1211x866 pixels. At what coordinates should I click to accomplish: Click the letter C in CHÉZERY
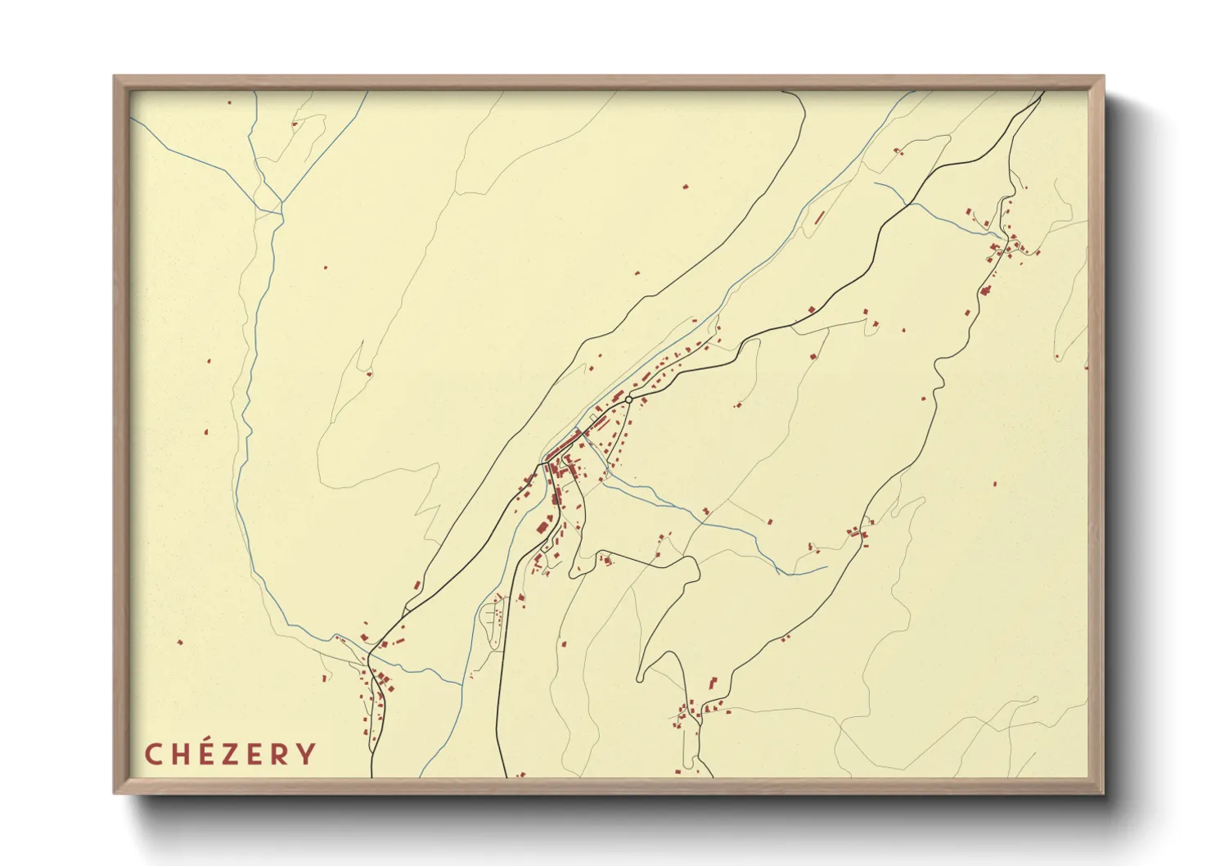tap(153, 754)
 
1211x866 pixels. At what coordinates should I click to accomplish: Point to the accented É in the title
tap(206, 754)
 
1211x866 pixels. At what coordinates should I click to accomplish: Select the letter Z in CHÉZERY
tap(232, 754)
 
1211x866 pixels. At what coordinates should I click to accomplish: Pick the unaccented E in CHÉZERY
tap(256, 754)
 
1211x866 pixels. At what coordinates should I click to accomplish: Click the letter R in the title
tap(281, 754)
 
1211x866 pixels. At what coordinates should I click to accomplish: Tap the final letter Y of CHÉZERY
tap(306, 754)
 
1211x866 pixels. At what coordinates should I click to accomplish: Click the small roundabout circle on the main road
tap(628, 399)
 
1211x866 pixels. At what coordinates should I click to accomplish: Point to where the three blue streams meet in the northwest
tap(281, 202)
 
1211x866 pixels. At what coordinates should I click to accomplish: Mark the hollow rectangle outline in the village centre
tap(592, 418)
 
